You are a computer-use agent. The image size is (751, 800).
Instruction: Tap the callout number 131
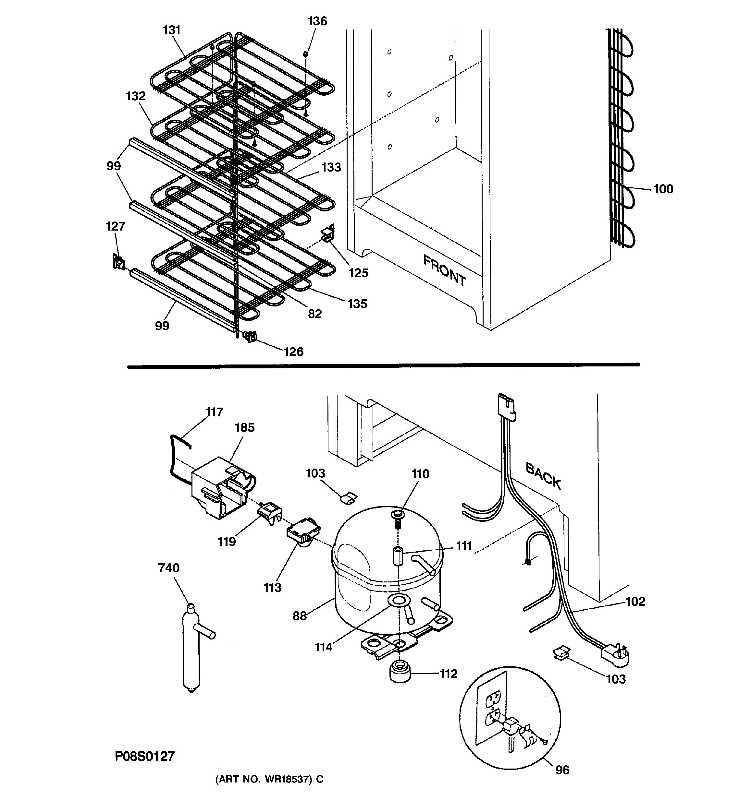pyautogui.click(x=172, y=30)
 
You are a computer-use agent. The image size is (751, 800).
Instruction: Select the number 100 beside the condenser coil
pyautogui.click(x=663, y=189)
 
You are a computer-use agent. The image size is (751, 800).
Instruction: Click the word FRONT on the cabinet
pyautogui.click(x=444, y=270)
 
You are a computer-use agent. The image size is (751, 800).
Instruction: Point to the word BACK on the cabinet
pyautogui.click(x=543, y=476)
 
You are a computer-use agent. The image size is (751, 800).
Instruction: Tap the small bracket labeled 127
pyautogui.click(x=118, y=262)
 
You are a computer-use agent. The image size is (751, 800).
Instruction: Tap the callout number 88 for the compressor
pyautogui.click(x=299, y=616)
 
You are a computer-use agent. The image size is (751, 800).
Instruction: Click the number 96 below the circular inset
pyautogui.click(x=562, y=770)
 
